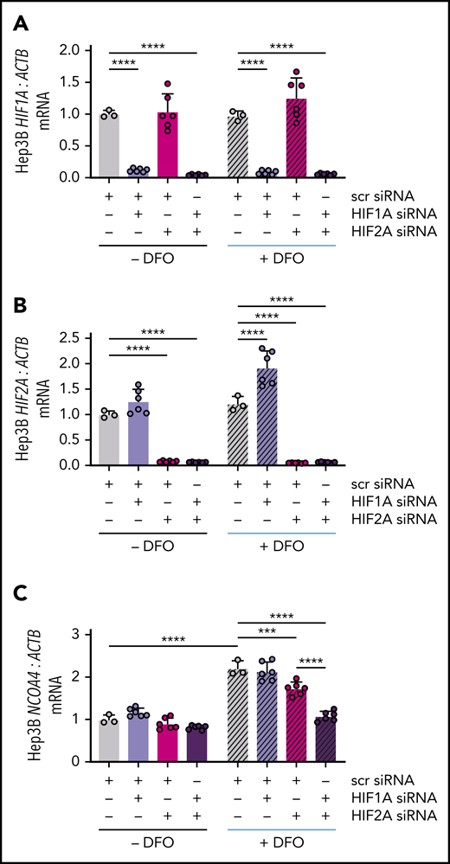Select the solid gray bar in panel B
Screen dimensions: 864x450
(109, 439)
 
